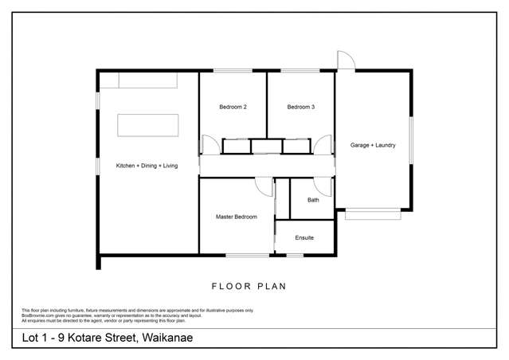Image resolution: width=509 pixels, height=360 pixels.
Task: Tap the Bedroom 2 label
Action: coord(233,107)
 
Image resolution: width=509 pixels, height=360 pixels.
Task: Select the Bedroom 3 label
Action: coord(300,107)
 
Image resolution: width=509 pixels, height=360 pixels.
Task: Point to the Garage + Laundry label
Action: coord(373,145)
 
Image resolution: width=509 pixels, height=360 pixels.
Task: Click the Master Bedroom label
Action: coord(236,217)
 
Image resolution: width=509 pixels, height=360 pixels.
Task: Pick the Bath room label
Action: coord(313,200)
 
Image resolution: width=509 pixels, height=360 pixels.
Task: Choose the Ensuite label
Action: coord(304,237)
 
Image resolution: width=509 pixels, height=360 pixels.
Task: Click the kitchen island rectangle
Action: coord(148,127)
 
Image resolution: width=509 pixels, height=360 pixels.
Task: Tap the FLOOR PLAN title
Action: coord(249,286)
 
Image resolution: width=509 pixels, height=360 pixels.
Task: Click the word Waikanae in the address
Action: coord(166,338)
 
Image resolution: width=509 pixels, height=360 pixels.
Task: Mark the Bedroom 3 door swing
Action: coord(323,145)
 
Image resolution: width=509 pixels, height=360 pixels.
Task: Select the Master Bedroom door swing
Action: coord(264,186)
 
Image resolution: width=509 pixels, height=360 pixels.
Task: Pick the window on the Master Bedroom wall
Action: coord(247,255)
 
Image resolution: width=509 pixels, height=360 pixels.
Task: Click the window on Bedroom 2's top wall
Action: coord(233,71)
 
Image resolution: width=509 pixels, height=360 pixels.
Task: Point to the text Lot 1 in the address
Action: coord(33,338)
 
